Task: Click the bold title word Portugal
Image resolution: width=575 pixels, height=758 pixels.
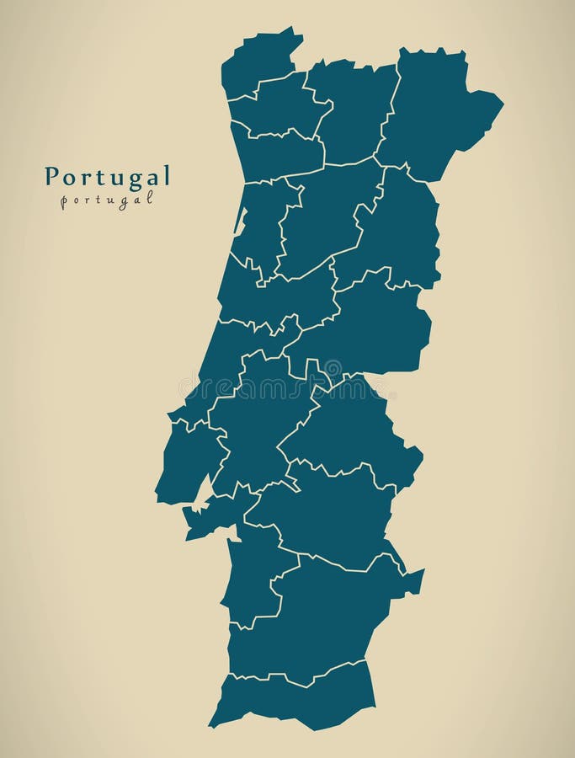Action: click(x=107, y=176)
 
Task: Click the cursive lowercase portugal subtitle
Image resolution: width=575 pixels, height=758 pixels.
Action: click(x=107, y=200)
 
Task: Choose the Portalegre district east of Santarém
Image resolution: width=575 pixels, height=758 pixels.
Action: click(x=354, y=430)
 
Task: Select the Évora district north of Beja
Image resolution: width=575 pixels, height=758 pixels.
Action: click(x=328, y=514)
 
